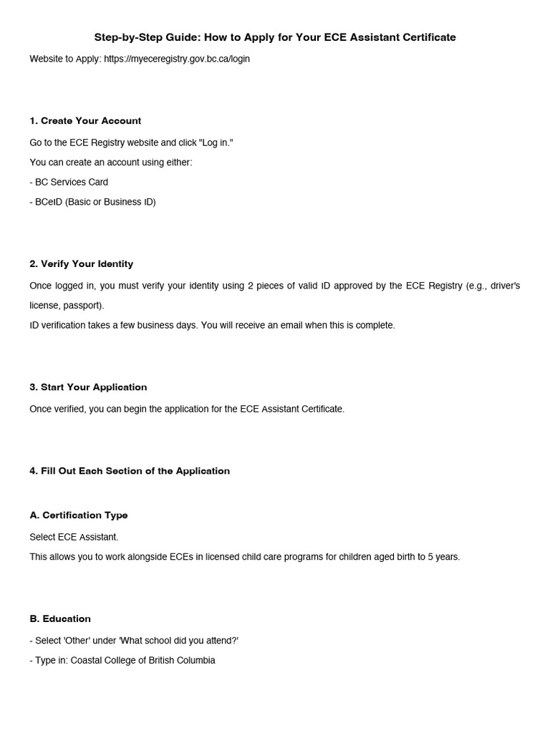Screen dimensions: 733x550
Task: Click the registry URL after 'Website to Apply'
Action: [177, 59]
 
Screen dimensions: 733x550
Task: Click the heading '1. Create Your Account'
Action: [85, 120]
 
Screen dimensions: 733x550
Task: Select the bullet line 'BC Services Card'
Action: [71, 182]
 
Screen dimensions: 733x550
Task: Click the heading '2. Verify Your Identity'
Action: [81, 263]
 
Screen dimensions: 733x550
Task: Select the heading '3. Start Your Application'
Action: [88, 387]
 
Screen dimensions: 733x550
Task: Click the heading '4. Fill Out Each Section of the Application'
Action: [130, 470]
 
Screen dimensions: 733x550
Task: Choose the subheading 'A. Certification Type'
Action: [79, 515]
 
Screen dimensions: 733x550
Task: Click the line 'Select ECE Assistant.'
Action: [74, 537]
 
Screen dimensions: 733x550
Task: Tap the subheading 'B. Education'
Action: [60, 618]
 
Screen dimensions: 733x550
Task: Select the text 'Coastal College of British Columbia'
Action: [143, 660]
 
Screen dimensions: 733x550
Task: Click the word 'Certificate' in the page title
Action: [429, 37]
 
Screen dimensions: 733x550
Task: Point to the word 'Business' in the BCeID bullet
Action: [122, 202]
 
